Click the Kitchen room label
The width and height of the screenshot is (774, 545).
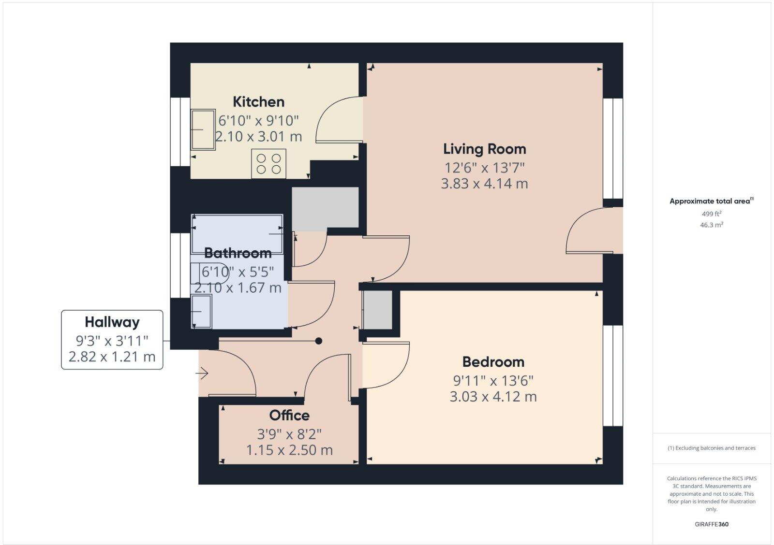click(258, 102)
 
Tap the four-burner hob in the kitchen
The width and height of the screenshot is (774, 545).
click(268, 164)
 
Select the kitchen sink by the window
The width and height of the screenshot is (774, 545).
click(203, 129)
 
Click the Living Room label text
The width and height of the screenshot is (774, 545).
click(484, 149)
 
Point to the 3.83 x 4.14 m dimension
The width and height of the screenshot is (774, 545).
click(484, 184)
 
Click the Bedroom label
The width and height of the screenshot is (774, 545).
click(493, 362)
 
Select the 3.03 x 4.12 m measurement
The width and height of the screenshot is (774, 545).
click(493, 397)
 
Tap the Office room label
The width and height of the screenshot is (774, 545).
click(289, 416)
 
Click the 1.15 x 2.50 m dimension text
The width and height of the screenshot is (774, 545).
click(289, 450)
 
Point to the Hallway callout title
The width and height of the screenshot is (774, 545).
click(112, 322)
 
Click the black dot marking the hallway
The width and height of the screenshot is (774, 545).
click(318, 341)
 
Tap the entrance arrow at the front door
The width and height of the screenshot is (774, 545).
click(202, 373)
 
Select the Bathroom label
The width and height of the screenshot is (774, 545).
click(238, 253)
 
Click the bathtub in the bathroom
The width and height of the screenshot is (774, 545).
click(237, 233)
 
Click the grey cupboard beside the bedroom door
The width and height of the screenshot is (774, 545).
click(378, 310)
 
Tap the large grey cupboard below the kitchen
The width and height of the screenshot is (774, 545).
click(325, 208)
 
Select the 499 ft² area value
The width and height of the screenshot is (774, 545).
click(712, 214)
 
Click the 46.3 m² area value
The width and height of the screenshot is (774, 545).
click(712, 225)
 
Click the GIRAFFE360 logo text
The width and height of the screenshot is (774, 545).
click(712, 524)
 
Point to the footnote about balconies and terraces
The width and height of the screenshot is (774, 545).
click(712, 448)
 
